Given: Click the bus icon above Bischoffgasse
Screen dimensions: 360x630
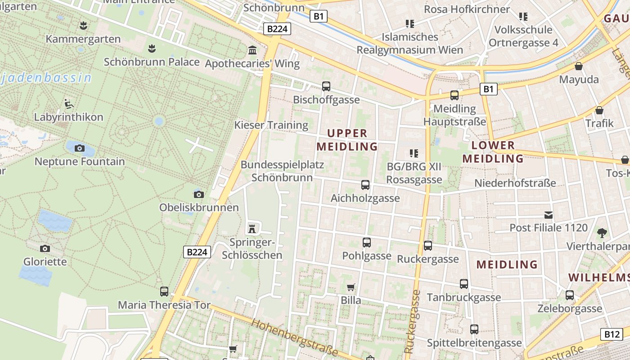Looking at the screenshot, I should (x=326, y=86).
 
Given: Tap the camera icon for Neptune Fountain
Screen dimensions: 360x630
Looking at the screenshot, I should (x=80, y=148).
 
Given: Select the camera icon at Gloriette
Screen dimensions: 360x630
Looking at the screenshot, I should (x=45, y=248).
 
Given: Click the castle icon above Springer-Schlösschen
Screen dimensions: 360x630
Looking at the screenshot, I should (x=252, y=229).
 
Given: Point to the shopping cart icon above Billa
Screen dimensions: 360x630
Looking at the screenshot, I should (x=351, y=287).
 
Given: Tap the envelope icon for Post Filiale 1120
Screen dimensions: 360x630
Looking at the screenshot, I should (x=549, y=215).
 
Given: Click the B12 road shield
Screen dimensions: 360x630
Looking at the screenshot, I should (x=612, y=334).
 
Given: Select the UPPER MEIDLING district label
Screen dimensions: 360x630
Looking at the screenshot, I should (x=347, y=140).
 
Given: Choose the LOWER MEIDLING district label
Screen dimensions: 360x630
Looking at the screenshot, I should (x=493, y=152).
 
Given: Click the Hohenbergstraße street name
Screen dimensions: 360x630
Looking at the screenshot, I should (x=294, y=337).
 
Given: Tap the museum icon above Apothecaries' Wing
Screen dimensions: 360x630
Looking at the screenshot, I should (x=252, y=50).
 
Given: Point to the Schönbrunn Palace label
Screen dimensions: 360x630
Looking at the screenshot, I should (x=152, y=62).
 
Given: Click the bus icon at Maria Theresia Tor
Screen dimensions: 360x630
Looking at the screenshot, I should (x=164, y=292).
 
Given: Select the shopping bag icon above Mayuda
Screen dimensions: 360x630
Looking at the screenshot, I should (x=579, y=66).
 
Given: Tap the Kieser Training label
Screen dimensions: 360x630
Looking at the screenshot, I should (x=271, y=125).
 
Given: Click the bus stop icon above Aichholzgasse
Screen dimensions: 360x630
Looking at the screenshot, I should (x=365, y=185).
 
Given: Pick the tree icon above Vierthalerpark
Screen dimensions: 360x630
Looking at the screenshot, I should (x=602, y=233).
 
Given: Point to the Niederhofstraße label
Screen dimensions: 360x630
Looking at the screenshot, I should (x=515, y=183).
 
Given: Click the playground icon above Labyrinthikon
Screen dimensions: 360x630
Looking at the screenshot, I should (x=68, y=104).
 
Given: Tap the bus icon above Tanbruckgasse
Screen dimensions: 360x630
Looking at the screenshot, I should (x=464, y=284).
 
